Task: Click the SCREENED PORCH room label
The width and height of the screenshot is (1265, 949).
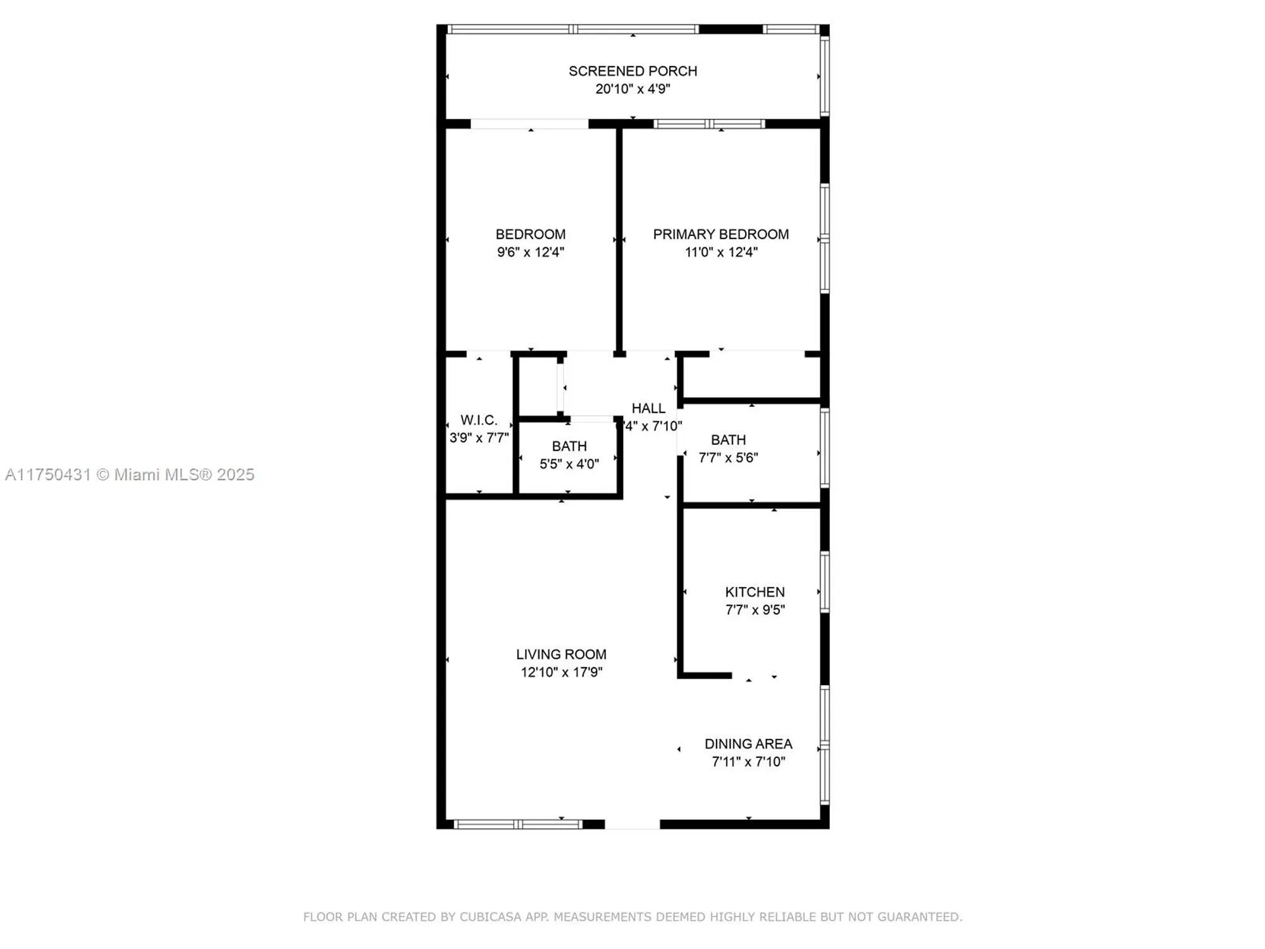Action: pos(632,71)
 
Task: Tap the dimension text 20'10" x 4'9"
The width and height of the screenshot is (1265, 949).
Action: pos(632,89)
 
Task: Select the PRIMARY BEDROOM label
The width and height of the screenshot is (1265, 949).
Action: pos(720,234)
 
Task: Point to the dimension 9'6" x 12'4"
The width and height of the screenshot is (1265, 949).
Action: pos(530,252)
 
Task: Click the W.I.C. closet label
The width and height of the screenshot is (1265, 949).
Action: pos(478,419)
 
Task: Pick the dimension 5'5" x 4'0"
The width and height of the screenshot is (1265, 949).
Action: pos(569,464)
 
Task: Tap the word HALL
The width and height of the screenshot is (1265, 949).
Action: pos(648,408)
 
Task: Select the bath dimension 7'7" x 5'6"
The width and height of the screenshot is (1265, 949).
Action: pos(728,457)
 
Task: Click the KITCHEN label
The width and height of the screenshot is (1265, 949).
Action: pos(755,592)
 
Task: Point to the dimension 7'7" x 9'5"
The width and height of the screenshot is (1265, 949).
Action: pos(755,609)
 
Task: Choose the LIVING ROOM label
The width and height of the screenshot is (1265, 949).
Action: pos(561,654)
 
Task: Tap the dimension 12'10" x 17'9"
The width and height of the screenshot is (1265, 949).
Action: pos(561,672)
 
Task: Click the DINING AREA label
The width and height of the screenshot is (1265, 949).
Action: pos(748,743)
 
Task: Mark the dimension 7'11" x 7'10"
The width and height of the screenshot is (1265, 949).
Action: pos(748,761)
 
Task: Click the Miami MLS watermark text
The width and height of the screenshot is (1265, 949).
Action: pos(130,475)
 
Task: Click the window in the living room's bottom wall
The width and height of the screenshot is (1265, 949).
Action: pos(518,824)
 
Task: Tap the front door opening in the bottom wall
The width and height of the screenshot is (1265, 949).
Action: pos(632,824)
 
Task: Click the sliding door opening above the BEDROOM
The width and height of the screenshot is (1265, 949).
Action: pos(529,124)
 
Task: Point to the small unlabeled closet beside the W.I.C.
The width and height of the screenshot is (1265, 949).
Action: pos(538,387)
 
